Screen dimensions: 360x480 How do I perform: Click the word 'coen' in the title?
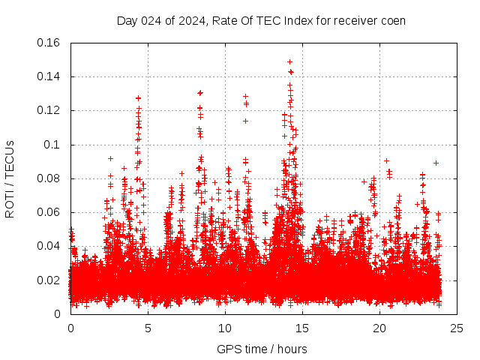[392, 20]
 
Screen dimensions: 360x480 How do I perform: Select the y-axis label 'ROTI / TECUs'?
[10, 178]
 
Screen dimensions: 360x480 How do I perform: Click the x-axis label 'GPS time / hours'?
[262, 349]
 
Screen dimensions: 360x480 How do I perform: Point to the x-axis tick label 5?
[148, 328]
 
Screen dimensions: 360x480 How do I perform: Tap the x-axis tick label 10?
[225, 328]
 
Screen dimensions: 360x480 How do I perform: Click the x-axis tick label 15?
[302, 328]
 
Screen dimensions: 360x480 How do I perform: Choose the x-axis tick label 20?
[379, 328]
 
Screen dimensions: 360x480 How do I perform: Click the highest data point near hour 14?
[289, 61]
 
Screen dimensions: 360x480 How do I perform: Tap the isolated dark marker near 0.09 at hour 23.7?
[436, 163]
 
